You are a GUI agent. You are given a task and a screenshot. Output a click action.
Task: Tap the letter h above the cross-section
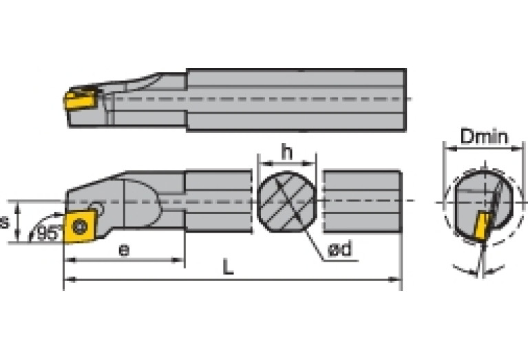pyautogui.click(x=286, y=153)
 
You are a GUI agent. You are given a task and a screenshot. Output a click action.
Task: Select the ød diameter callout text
pyautogui.click(x=339, y=249)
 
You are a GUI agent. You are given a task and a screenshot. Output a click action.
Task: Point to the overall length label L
pyautogui.click(x=228, y=267)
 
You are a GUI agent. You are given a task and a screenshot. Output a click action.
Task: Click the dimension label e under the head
pyautogui.click(x=123, y=249)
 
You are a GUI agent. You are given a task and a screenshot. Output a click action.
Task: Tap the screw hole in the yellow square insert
pyautogui.click(x=81, y=224)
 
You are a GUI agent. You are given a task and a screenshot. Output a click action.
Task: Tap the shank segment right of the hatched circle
pyautogui.click(x=362, y=202)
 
